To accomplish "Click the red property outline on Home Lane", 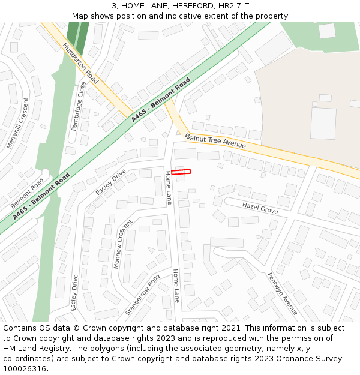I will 181,172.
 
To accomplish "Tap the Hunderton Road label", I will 80,63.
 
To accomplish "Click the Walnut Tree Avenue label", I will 215,141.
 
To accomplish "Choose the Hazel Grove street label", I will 260,208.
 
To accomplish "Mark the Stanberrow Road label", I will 142,295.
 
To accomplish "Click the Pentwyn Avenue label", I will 282,293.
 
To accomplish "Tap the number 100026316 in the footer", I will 25,368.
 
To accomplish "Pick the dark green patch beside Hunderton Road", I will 76,34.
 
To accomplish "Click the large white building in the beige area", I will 323,123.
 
